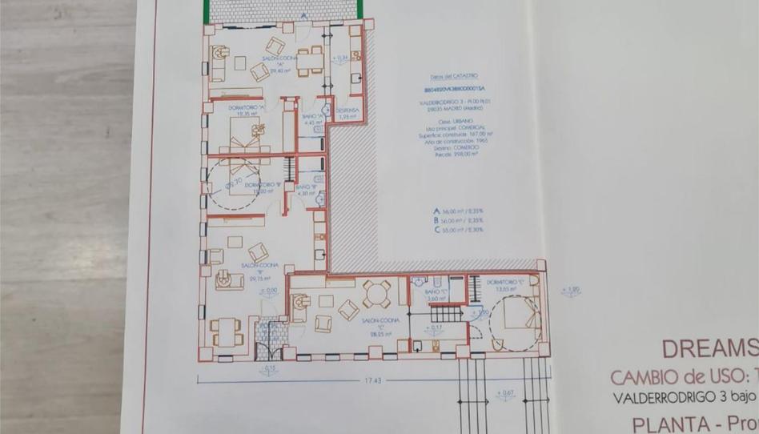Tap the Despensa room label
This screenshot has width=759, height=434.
tap(347, 111)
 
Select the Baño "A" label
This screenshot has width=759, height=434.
tap(312, 117)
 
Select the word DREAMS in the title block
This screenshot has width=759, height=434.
tap(709, 348)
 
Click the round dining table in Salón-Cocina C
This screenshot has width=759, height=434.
tap(376, 294)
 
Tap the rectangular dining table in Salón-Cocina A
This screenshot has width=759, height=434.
tap(310, 61)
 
